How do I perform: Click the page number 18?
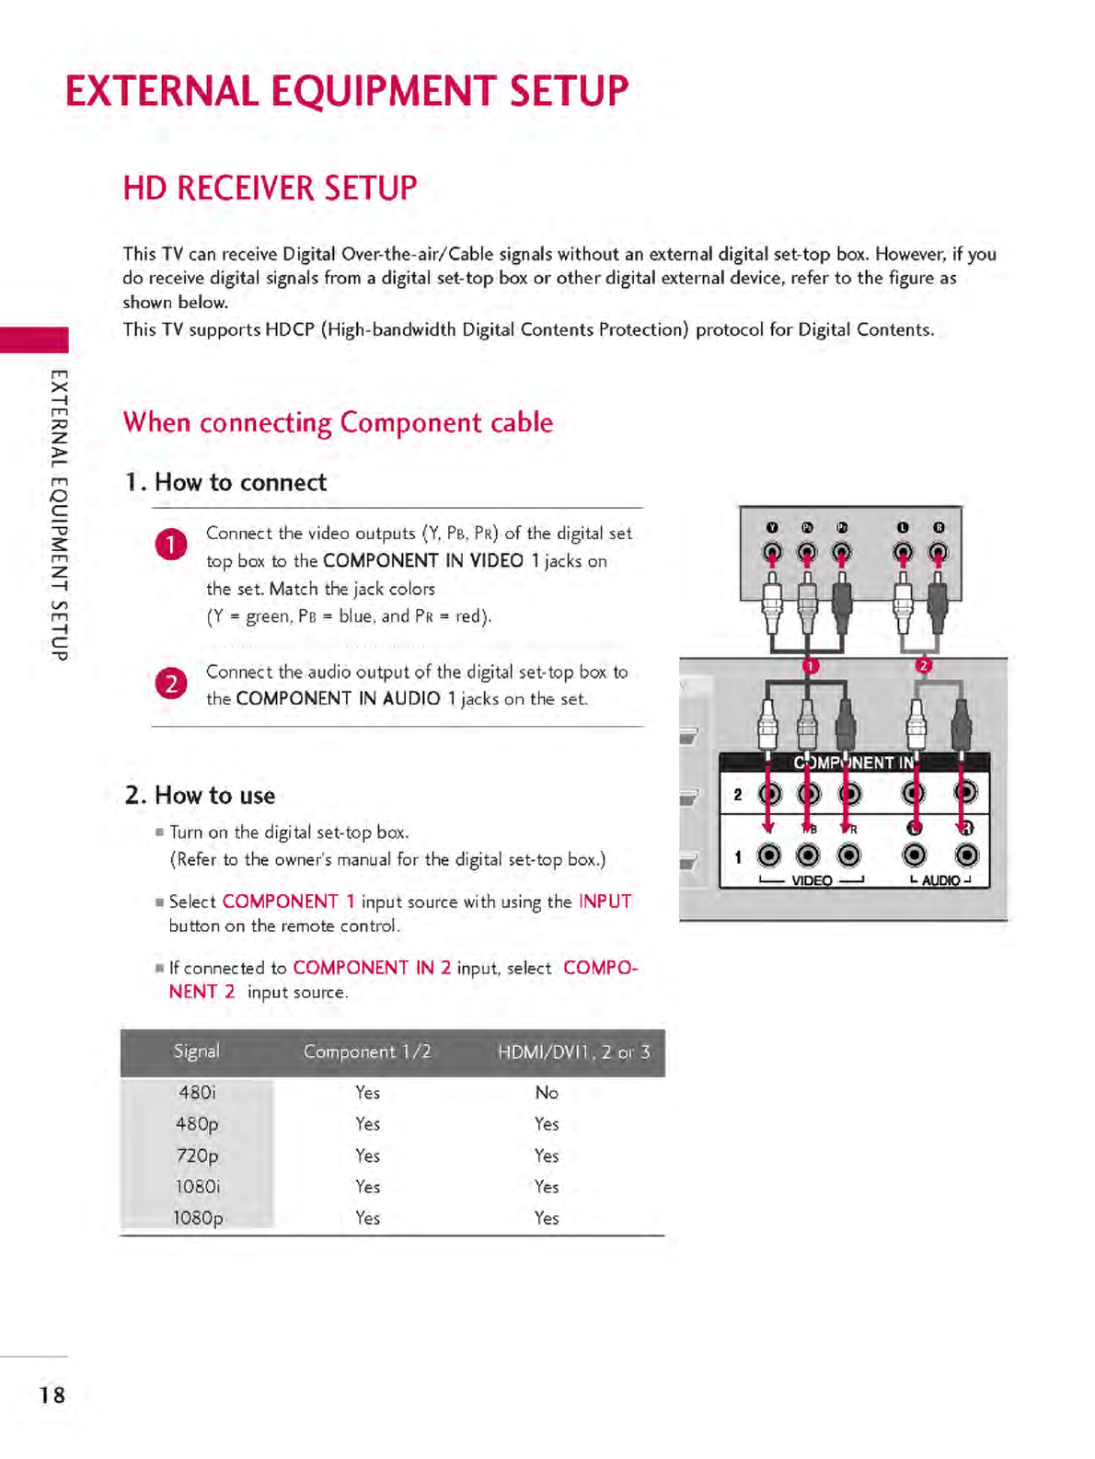tap(52, 1395)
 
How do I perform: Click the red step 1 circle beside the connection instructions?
tap(171, 545)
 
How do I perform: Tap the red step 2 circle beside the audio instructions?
tap(171, 684)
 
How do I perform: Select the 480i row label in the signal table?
tap(197, 1093)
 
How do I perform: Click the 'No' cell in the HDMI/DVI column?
tap(547, 1093)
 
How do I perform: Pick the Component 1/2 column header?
tap(367, 1051)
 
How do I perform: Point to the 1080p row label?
tap(198, 1218)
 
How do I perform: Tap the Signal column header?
tap(196, 1051)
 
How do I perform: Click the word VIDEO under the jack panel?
tap(812, 880)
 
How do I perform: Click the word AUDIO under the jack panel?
tap(940, 880)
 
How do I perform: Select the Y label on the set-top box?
tap(772, 527)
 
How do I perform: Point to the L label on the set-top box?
tap(903, 527)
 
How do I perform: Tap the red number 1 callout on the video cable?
tap(811, 665)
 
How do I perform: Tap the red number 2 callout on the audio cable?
tap(924, 665)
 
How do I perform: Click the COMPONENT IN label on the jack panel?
tap(854, 763)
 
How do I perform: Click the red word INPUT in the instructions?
tap(605, 902)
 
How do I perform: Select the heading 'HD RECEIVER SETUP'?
tap(270, 189)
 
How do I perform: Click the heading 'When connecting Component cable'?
tap(338, 422)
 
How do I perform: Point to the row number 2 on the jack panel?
tap(737, 794)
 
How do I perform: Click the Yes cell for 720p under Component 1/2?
tap(367, 1155)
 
